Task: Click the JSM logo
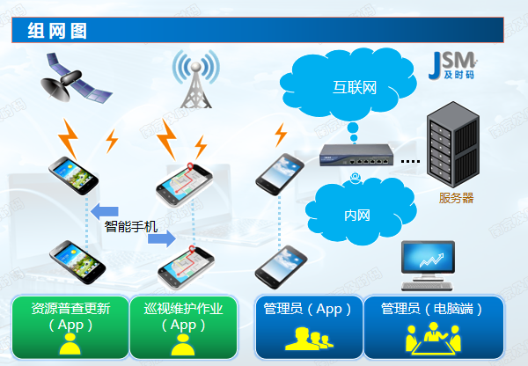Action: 453,64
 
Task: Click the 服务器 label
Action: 456,198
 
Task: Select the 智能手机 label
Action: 130,226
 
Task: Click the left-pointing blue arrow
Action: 105,209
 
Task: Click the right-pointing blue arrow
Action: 164,238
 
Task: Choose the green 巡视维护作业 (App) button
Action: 182,326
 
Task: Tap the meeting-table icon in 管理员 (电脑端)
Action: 432,339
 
